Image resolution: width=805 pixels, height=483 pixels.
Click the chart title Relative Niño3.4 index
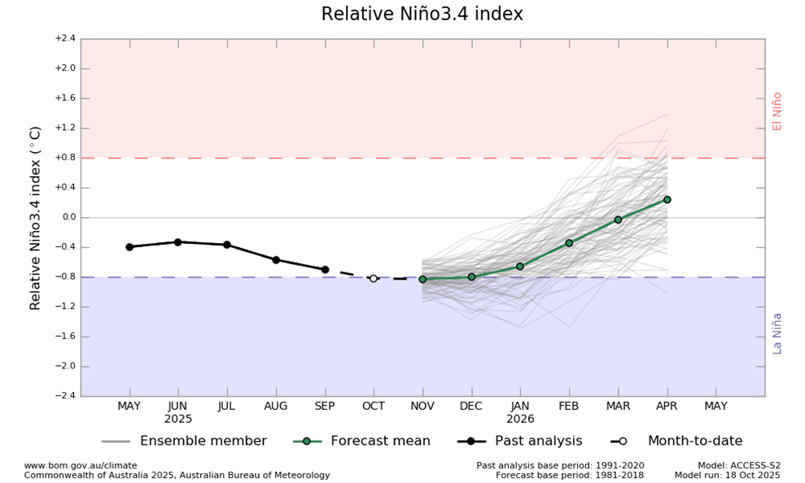click(422, 15)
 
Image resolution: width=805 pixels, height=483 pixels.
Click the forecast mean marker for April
click(667, 199)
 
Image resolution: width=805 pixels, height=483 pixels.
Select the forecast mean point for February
click(569, 243)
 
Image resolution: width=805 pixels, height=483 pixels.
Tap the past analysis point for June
click(177, 242)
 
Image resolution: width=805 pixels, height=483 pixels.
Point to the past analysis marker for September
click(325, 269)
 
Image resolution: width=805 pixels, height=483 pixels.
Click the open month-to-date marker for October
click(374, 278)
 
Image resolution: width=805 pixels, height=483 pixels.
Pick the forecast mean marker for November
click(422, 279)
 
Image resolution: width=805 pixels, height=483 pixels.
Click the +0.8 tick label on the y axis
click(65, 158)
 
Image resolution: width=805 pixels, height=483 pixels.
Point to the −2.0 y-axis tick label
click(65, 366)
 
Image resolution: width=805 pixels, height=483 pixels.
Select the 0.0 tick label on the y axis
click(67, 217)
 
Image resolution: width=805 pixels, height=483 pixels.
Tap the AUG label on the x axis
click(276, 406)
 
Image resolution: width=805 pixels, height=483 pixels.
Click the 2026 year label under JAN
click(520, 420)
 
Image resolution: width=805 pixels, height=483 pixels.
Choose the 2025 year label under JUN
click(177, 420)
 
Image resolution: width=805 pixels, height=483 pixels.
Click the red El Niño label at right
click(777, 111)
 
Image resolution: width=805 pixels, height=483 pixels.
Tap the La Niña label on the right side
click(777, 333)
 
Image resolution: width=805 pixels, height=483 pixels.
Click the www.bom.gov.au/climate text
click(81, 466)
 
